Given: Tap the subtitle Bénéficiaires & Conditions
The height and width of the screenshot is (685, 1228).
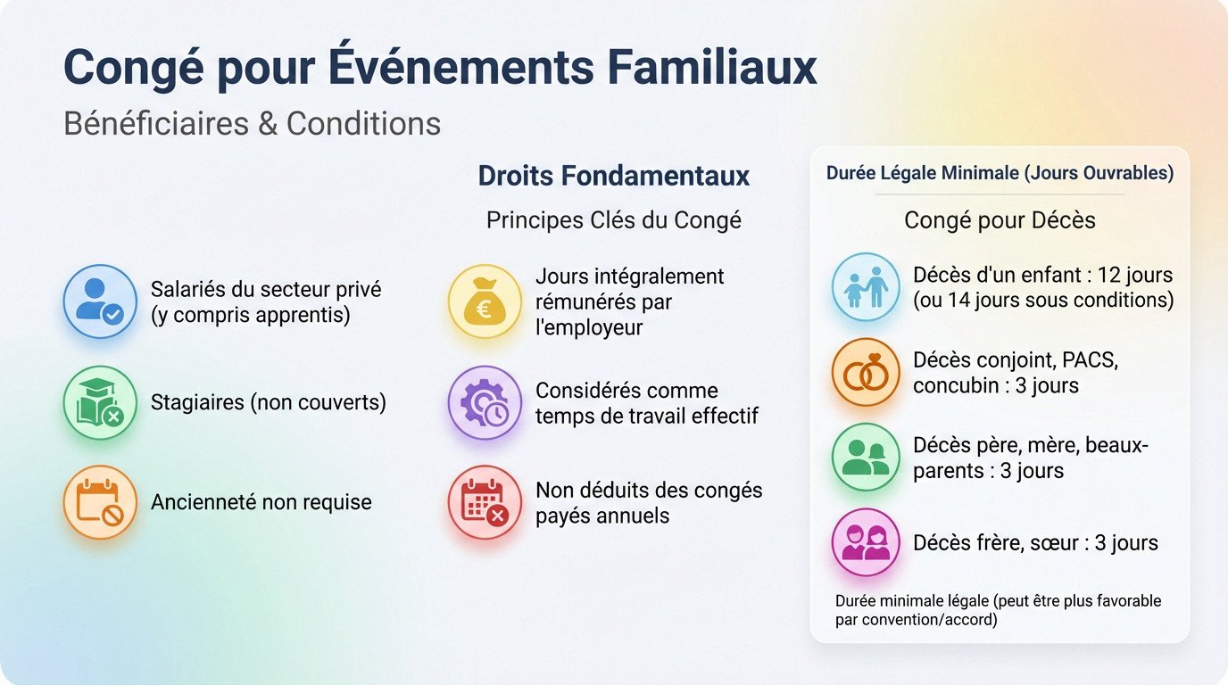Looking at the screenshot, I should pyautogui.click(x=252, y=123).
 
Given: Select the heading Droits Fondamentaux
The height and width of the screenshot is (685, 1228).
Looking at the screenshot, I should pyautogui.click(x=613, y=176).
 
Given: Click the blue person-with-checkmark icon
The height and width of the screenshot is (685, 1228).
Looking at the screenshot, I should pyautogui.click(x=100, y=301).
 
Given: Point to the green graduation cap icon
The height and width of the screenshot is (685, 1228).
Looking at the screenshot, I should pyautogui.click(x=100, y=402).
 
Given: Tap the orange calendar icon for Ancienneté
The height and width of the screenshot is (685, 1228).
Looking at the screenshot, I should pyautogui.click(x=100, y=502).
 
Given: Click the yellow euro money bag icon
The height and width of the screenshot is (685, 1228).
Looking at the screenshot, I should pyautogui.click(x=485, y=301).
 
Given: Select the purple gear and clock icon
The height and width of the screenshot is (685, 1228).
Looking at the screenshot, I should pyautogui.click(x=485, y=402).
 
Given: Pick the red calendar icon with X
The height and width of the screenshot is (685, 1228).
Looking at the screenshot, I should pyautogui.click(x=485, y=502).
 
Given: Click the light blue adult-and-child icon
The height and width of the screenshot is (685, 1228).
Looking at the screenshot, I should pyautogui.click(x=866, y=287).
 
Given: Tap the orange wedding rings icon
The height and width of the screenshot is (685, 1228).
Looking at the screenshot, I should pyautogui.click(x=866, y=373).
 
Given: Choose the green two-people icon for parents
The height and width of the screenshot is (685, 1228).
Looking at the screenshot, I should pyautogui.click(x=866, y=458).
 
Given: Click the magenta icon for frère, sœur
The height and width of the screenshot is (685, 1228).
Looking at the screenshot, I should pyautogui.click(x=866, y=542).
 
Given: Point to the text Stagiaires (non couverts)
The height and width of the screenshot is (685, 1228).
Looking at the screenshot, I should pyautogui.click(x=268, y=402).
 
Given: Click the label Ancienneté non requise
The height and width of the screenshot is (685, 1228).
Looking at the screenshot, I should pyautogui.click(x=261, y=502).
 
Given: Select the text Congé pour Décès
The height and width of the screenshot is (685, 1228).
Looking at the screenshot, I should pyautogui.click(x=1000, y=220).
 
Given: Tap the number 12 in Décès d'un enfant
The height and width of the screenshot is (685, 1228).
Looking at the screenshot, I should pyautogui.click(x=1113, y=275).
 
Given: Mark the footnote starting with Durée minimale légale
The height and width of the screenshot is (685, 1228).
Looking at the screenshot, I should pyautogui.click(x=998, y=610).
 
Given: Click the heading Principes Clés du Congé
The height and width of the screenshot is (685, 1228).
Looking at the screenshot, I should pyautogui.click(x=613, y=220).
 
